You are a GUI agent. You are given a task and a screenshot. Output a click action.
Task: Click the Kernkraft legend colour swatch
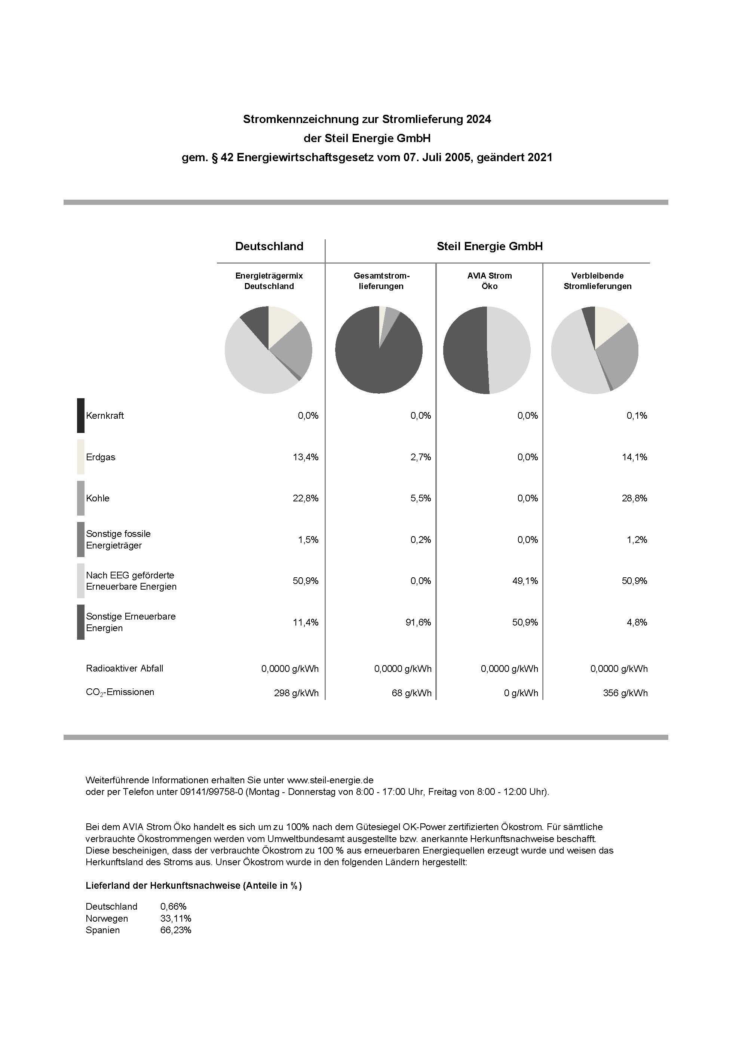pyautogui.click(x=80, y=415)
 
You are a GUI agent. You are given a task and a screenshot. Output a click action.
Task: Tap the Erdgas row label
pyautogui.click(x=101, y=457)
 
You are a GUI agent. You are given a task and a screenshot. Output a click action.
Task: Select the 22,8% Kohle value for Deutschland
pyautogui.click(x=306, y=498)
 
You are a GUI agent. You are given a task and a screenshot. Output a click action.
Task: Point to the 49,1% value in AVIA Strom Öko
pyautogui.click(x=525, y=581)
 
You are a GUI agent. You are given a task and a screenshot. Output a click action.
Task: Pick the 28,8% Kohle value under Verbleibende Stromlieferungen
pyautogui.click(x=634, y=498)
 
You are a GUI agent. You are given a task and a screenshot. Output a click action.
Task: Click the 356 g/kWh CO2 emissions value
pyautogui.click(x=625, y=693)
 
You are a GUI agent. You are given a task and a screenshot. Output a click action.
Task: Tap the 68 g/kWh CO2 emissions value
pyautogui.click(x=411, y=693)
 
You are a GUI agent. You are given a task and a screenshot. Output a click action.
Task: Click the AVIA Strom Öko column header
pyautogui.click(x=489, y=281)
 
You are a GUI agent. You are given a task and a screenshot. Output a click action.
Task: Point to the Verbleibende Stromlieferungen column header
pyautogui.click(x=597, y=281)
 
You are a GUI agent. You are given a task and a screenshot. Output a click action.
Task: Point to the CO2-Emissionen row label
pyautogui.click(x=120, y=692)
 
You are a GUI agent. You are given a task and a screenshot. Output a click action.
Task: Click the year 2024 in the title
pyautogui.click(x=478, y=119)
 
